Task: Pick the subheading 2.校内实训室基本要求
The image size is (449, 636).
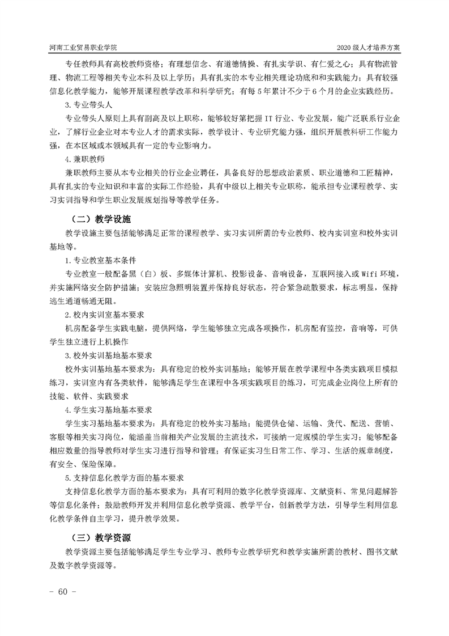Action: [x=106, y=315]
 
